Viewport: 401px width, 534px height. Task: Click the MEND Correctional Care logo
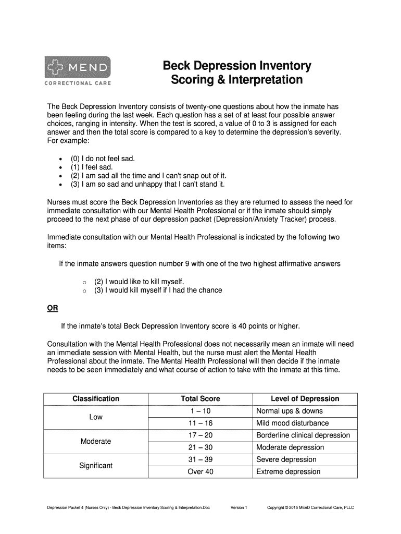(78, 71)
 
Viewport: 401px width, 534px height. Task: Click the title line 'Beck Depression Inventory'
(237, 66)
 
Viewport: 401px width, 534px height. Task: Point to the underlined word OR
(53, 308)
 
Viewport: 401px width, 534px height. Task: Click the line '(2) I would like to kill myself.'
(139, 281)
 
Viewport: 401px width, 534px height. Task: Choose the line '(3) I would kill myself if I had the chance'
(158, 290)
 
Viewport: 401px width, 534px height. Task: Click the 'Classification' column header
(96, 399)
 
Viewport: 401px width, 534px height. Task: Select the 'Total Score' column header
(200, 399)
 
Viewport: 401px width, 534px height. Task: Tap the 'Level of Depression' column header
(305, 399)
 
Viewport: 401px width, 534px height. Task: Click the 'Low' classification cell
(96, 417)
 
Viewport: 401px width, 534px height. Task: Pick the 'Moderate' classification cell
(96, 441)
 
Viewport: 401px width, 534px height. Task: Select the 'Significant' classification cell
(96, 466)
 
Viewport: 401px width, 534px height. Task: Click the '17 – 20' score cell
(200, 435)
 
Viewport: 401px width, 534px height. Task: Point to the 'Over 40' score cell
(200, 472)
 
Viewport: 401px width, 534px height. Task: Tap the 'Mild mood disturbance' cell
(292, 423)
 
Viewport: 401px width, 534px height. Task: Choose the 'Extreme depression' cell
(288, 472)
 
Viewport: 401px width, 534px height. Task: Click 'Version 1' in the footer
(239, 507)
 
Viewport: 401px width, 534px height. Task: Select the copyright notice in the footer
(310, 507)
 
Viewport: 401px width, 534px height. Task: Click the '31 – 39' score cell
(200, 459)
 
